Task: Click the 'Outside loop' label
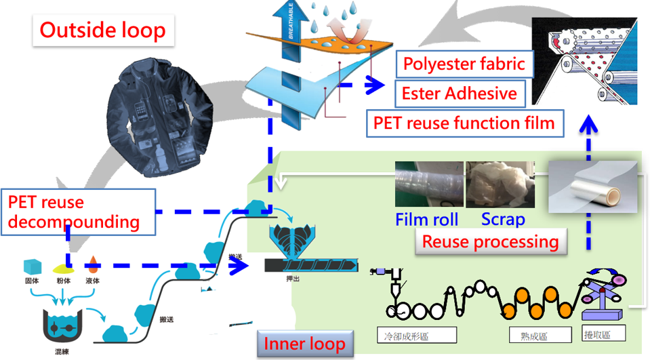click(x=102, y=31)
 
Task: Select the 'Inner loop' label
click(x=304, y=343)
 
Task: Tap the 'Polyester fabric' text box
click(x=464, y=64)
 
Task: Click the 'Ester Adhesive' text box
click(x=459, y=93)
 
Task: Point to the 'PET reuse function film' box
click(x=464, y=123)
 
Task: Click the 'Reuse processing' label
click(x=490, y=241)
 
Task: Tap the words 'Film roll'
click(x=427, y=220)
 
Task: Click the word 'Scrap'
click(x=502, y=220)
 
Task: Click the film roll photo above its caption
click(x=429, y=184)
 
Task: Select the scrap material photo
click(x=500, y=184)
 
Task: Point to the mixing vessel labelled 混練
click(x=63, y=326)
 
